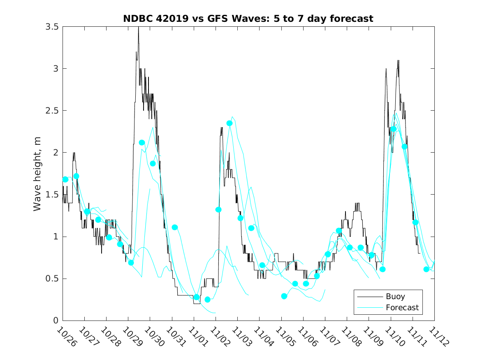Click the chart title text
[x=248, y=19]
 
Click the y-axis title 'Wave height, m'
[x=37, y=174]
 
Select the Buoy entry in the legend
[x=395, y=296]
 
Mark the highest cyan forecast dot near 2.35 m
[x=230, y=123]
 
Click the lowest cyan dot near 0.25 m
[x=208, y=300]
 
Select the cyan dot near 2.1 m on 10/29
[x=142, y=143]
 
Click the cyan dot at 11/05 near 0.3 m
[x=284, y=296]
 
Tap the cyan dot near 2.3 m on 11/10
[x=394, y=129]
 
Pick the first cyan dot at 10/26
[x=65, y=179]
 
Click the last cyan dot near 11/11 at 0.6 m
[x=426, y=269]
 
